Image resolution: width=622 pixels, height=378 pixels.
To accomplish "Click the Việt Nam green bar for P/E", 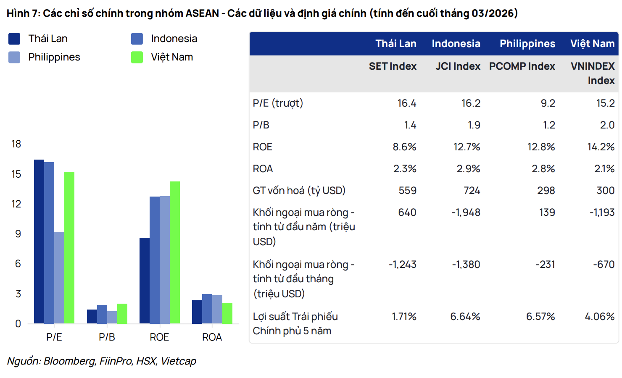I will (69, 247).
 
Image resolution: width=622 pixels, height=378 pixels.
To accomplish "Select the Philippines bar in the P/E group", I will (59, 277).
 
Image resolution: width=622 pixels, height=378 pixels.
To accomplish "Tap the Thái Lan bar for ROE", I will (145, 281).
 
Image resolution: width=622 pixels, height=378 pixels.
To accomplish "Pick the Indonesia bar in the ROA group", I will (207, 309).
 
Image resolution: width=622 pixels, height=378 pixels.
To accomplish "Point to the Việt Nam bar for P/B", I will (122, 313).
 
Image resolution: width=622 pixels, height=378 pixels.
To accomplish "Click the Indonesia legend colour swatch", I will (137, 39).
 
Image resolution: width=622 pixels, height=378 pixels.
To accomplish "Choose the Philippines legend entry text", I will (54, 57).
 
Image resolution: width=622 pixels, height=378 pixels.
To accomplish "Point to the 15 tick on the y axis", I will (16, 174).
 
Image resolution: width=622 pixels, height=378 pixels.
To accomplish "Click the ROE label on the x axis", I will (159, 337).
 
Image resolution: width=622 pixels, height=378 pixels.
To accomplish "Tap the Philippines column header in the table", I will (527, 44).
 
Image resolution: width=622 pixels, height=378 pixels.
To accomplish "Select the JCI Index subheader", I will (458, 66).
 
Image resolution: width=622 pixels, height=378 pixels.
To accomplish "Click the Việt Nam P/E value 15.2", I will (605, 103).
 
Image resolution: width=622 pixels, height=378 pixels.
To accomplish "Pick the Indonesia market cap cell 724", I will (472, 191).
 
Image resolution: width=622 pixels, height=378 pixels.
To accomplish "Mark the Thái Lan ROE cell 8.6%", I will (404, 147).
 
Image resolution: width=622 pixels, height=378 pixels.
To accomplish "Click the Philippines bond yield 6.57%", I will (540, 317).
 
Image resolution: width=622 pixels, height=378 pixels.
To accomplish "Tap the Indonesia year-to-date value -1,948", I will (466, 213).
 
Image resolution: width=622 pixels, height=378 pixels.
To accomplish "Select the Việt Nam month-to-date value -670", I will (604, 265).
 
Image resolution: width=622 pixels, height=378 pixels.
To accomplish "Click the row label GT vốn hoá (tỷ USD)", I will (299, 191).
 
